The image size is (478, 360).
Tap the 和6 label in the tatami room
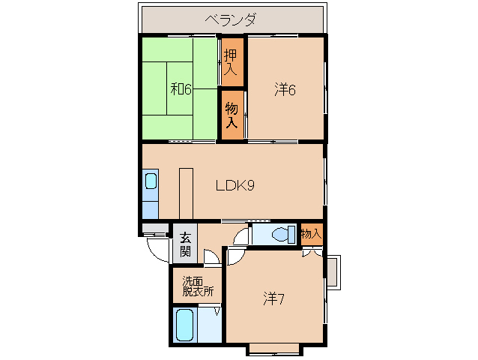(181, 89)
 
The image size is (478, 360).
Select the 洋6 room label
(285, 89)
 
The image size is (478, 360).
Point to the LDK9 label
(235, 185)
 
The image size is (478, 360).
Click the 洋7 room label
(273, 298)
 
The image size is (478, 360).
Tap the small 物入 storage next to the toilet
(310, 234)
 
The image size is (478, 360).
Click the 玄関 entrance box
(185, 244)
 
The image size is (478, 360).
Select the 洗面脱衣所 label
(197, 286)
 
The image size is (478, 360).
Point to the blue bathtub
(186, 325)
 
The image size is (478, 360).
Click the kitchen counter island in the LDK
(185, 191)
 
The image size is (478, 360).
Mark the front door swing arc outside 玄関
(158, 248)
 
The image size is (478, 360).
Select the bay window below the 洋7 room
(273, 348)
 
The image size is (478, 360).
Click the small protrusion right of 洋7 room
(335, 271)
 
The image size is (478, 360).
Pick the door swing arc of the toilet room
(240, 237)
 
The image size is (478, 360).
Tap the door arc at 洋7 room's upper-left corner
(234, 256)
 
